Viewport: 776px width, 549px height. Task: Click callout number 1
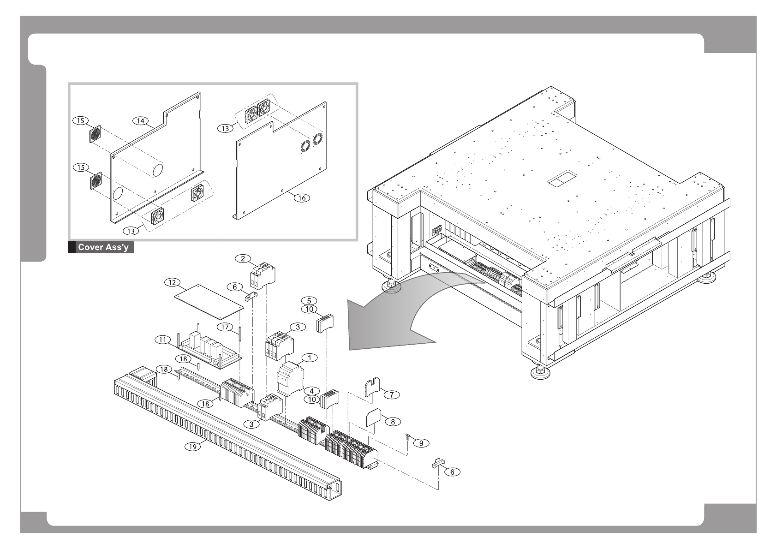[x=310, y=358]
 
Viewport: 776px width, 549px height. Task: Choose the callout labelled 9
[x=421, y=443]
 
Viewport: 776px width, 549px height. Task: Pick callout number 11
[x=162, y=340]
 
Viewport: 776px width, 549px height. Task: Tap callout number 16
[x=302, y=197]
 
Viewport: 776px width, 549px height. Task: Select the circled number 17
[x=225, y=327]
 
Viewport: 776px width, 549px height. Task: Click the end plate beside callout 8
[x=375, y=418]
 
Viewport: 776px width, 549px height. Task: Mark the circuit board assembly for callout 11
[x=210, y=353]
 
